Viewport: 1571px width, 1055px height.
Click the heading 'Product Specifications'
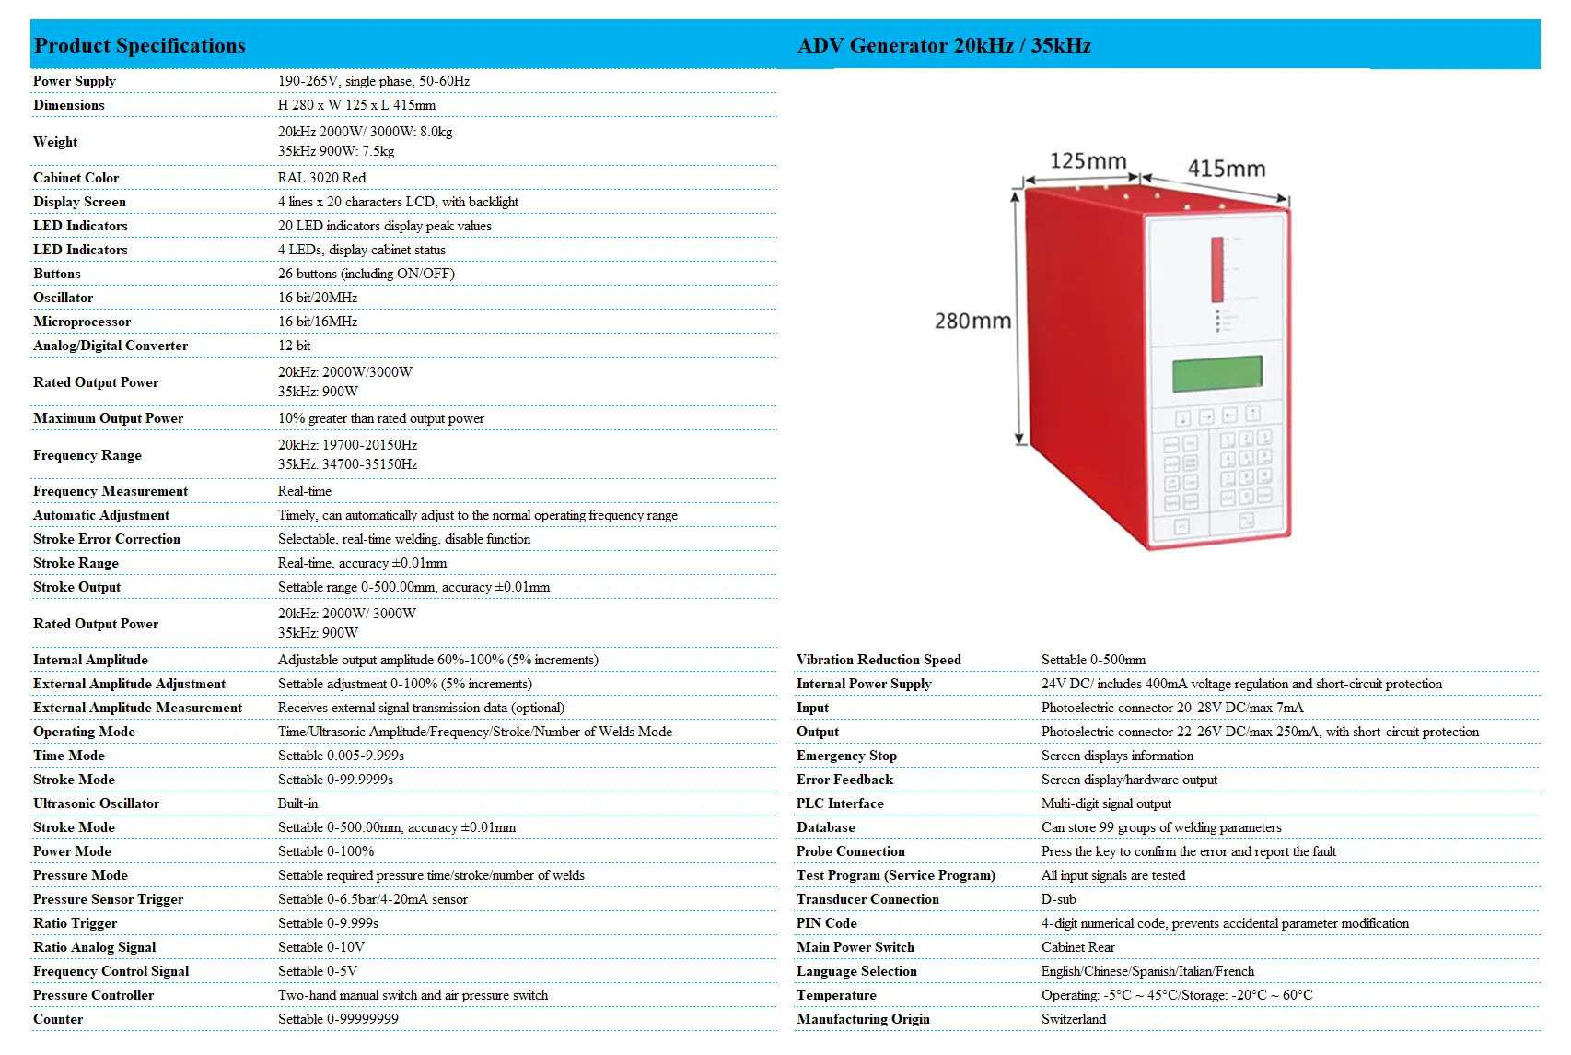[140, 45]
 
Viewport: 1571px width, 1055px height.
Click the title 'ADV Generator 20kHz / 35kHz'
[944, 45]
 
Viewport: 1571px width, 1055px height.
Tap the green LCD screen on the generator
[1216, 373]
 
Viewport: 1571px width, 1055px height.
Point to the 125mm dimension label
[1088, 161]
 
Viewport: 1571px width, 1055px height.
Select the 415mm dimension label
[1226, 169]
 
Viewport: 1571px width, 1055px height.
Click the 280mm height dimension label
[972, 322]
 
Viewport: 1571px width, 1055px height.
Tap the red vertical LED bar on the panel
[1216, 269]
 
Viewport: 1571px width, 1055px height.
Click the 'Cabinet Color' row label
[76, 178]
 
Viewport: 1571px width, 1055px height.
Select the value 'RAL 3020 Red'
[321, 178]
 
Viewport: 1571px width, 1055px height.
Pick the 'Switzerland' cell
[1074, 1019]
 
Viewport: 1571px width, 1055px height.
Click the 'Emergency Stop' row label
[846, 756]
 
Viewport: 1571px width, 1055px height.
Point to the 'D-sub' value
[1058, 899]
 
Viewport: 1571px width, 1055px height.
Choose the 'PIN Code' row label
[826, 923]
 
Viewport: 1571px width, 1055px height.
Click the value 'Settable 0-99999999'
[338, 1019]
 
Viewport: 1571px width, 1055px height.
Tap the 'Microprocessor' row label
[82, 322]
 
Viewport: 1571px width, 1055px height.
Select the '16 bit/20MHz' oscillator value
[318, 298]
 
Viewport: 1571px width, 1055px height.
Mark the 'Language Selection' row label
[856, 971]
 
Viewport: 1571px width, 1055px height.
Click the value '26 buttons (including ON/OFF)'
[367, 274]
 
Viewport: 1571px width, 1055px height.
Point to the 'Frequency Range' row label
[87, 455]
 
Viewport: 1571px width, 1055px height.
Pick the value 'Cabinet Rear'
[1077, 947]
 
